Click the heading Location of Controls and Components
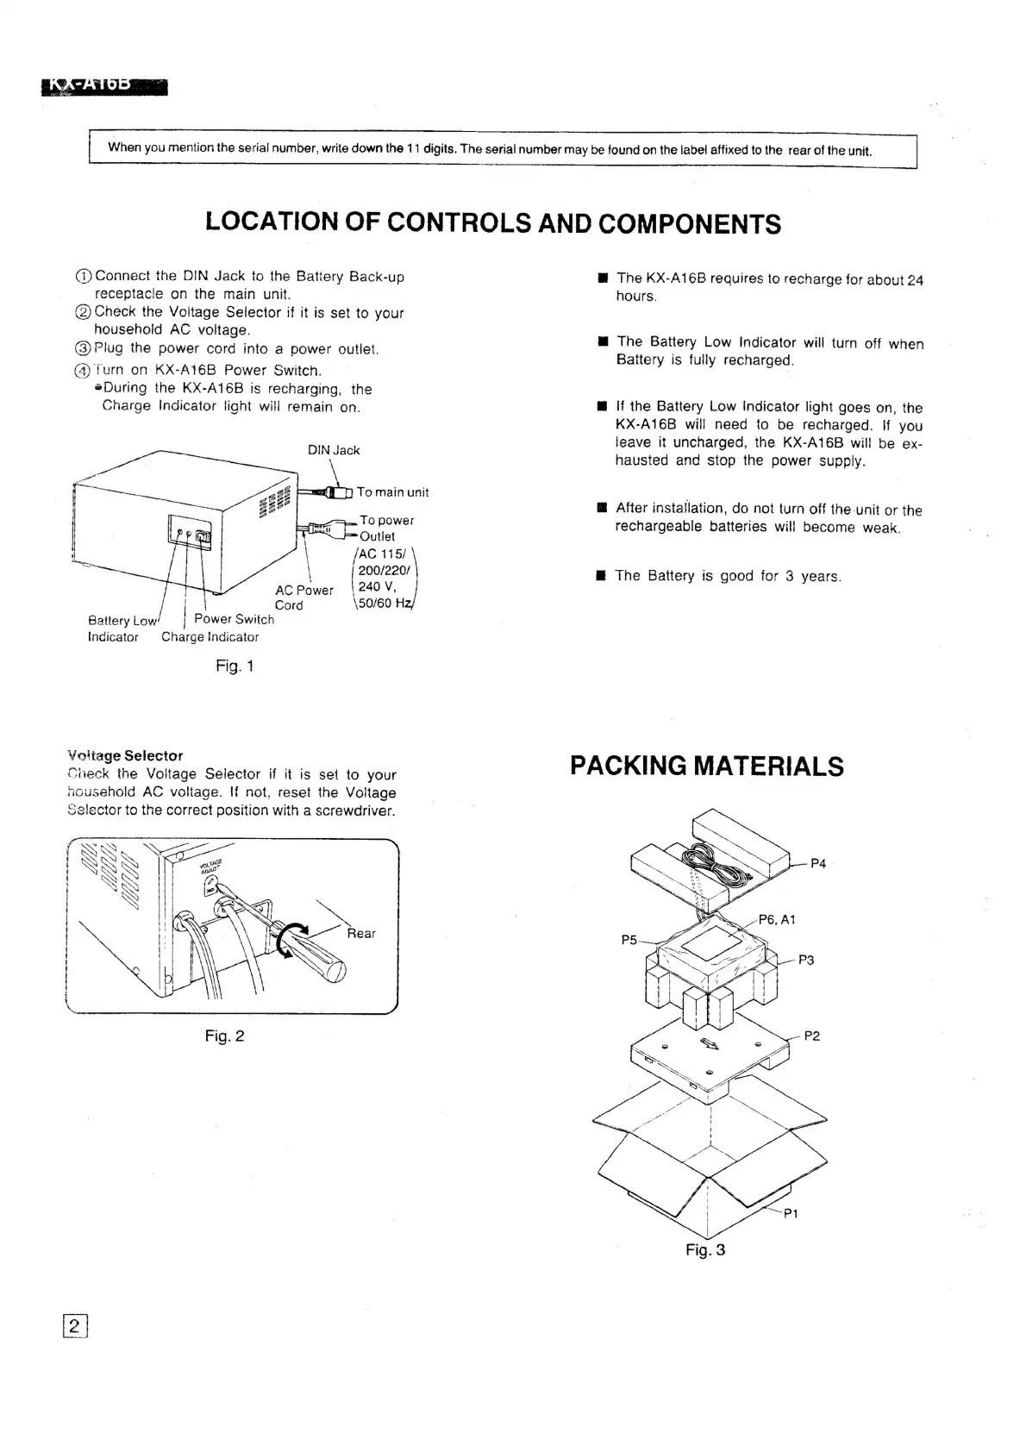493,223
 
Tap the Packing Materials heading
707,766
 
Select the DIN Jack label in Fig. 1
334,450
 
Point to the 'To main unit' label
392,492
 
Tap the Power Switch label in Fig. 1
234,619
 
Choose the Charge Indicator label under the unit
210,637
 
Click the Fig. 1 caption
235,666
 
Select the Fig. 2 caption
224,1036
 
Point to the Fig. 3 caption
705,1249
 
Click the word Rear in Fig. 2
361,933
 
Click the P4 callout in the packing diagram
818,863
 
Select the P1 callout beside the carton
791,1214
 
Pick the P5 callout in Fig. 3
629,939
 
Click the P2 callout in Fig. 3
811,1036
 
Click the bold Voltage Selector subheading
125,755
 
